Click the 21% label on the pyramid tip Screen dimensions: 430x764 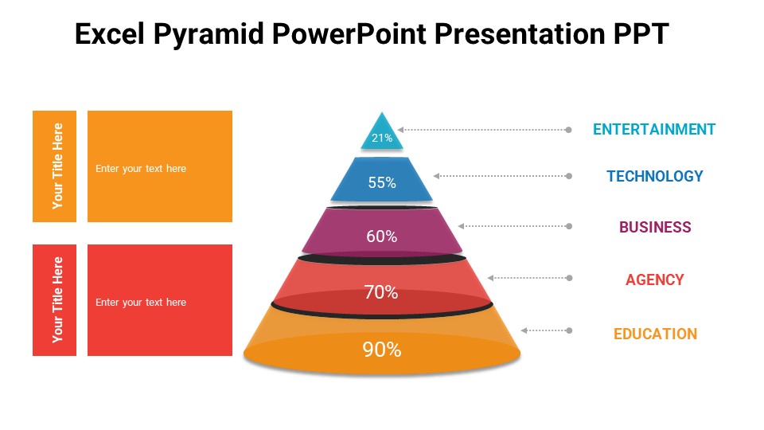[382, 138]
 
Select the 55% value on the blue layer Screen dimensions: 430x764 [382, 182]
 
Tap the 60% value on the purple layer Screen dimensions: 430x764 [382, 236]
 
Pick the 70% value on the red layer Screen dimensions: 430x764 [381, 292]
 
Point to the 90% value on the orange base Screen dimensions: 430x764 [382, 350]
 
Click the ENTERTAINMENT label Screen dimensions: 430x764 [654, 129]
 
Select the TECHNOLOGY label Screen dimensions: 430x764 [654, 176]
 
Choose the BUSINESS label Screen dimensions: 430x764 [655, 227]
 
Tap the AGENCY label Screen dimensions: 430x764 [654, 279]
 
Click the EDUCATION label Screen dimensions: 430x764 [655, 334]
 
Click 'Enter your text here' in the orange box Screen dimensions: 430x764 [141, 169]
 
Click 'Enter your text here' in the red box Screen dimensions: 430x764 [141, 303]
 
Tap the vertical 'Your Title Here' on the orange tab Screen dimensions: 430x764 [57, 166]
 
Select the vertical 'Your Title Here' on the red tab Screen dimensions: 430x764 [57, 299]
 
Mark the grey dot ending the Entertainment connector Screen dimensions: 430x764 [568, 129]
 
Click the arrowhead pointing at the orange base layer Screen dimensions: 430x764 [524, 330]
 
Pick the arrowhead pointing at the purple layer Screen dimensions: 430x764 [461, 226]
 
